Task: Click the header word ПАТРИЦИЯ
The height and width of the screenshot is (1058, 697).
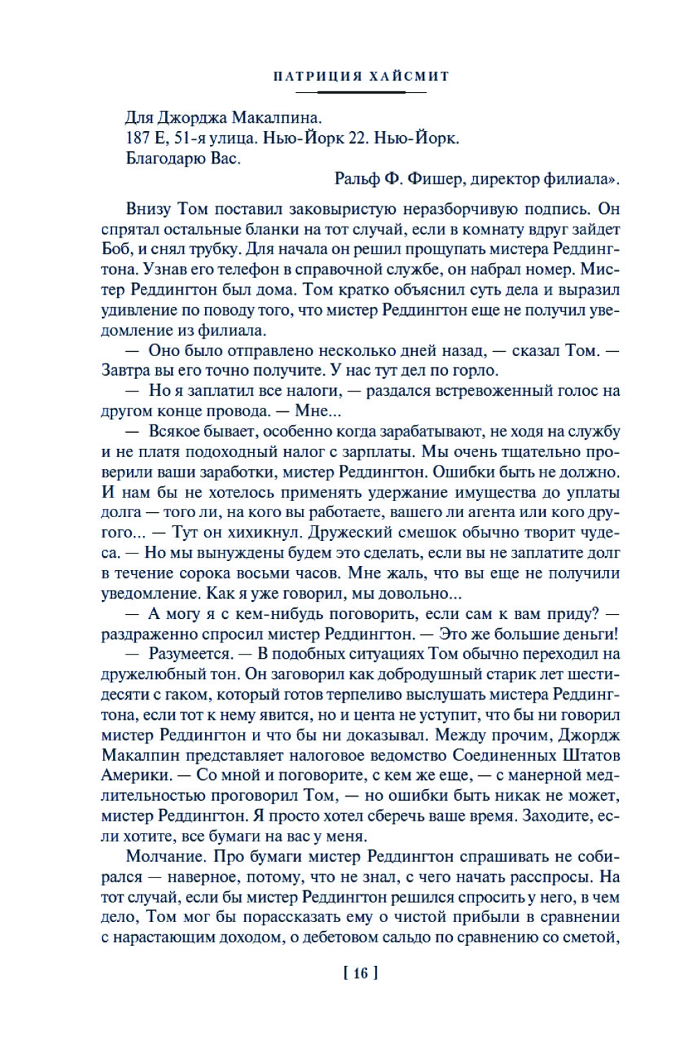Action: (x=317, y=76)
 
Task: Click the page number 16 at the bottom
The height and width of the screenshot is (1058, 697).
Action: (x=360, y=973)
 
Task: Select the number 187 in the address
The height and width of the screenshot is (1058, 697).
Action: (x=138, y=138)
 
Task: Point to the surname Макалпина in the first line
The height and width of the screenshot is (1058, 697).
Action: (x=277, y=118)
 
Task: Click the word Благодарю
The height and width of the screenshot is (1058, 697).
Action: (x=165, y=158)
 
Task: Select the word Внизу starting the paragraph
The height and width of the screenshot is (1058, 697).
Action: (x=150, y=209)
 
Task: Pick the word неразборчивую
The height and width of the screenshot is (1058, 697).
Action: (x=464, y=209)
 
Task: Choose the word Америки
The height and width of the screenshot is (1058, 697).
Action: (x=137, y=776)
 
